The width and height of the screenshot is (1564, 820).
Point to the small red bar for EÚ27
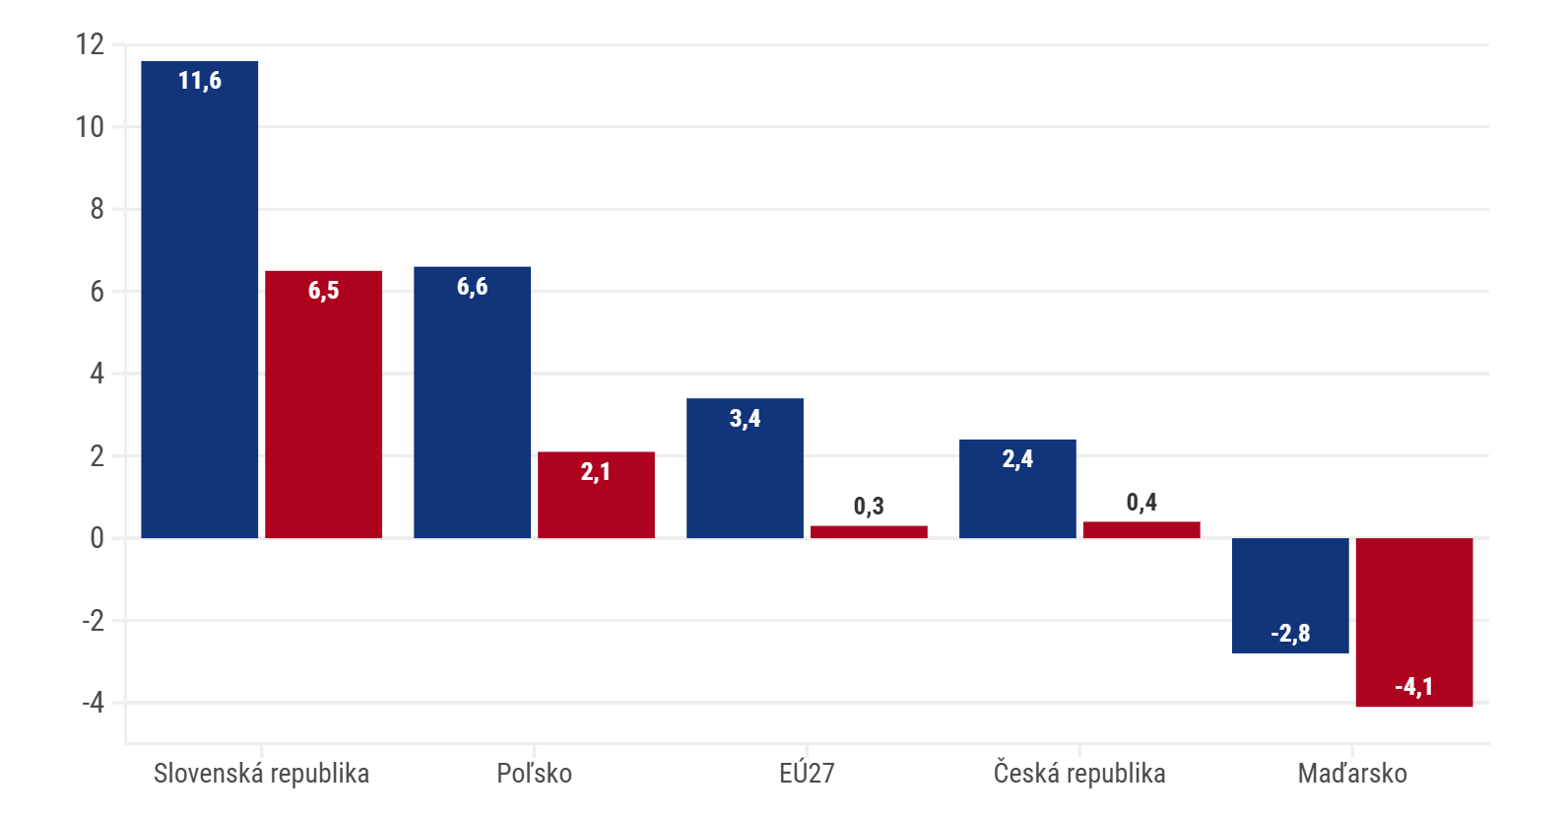[869, 532]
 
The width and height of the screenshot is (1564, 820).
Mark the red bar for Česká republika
[1141, 530]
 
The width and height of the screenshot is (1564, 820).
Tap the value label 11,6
[200, 81]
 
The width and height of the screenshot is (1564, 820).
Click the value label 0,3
[869, 507]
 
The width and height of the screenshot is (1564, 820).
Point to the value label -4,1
[1414, 687]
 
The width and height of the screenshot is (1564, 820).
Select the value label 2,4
[1017, 459]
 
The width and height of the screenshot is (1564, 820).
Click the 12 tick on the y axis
[90, 44]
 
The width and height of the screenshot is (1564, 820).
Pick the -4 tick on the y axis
[93, 703]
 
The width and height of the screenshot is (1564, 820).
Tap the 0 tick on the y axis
[97, 538]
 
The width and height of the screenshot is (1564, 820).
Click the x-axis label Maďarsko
[1352, 774]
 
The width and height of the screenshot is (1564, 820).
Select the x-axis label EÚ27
[807, 774]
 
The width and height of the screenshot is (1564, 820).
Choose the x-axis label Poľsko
[534, 774]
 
